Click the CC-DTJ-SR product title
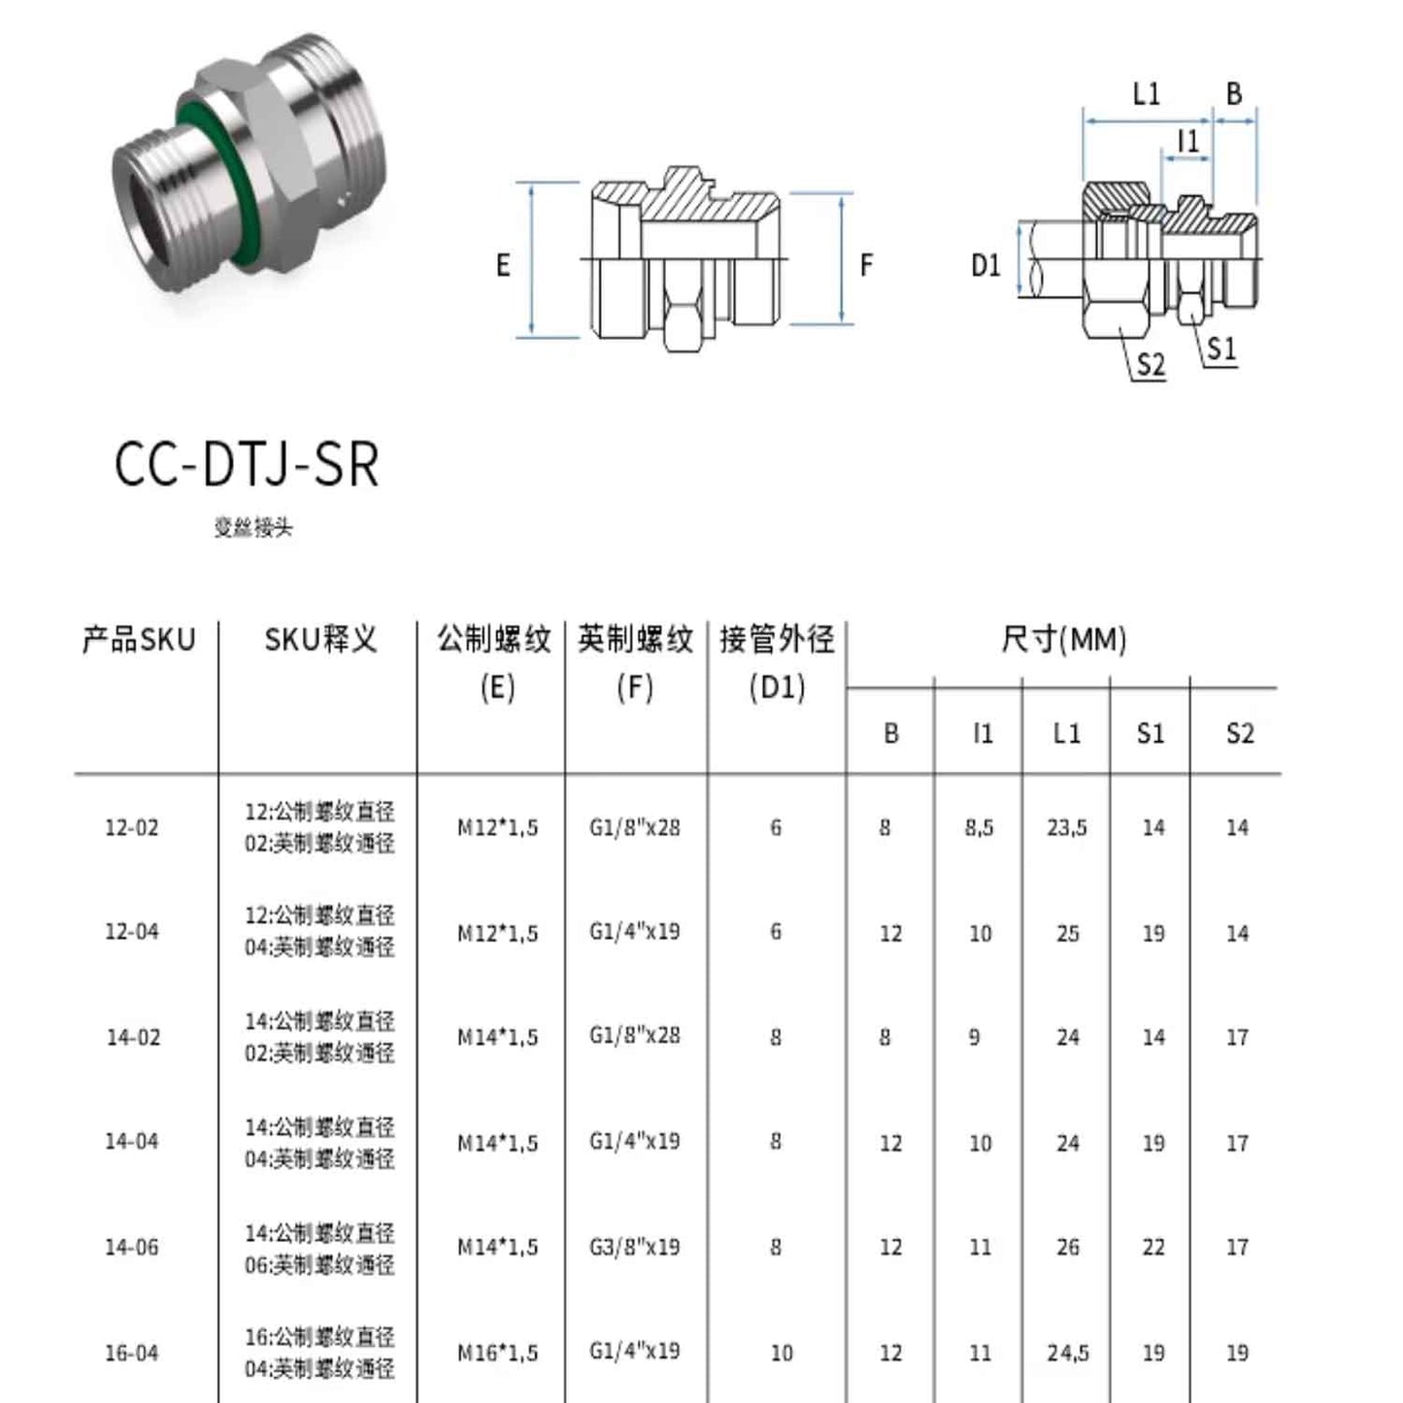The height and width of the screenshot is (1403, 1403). [x=247, y=464]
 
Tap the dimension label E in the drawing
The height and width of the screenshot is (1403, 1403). [x=503, y=265]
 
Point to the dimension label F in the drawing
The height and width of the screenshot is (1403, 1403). [x=866, y=265]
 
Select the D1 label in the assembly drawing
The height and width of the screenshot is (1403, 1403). [x=985, y=265]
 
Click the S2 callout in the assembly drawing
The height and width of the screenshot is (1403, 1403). [x=1150, y=365]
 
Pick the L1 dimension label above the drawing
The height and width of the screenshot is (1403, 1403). [x=1147, y=94]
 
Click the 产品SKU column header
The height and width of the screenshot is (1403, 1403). [x=139, y=640]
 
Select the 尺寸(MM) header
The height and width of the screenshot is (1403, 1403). [x=1063, y=640]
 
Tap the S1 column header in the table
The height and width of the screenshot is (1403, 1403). [x=1151, y=733]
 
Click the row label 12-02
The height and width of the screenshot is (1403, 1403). [x=131, y=828]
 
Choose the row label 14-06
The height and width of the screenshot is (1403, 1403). [x=131, y=1247]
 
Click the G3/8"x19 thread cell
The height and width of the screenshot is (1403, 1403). [x=634, y=1247]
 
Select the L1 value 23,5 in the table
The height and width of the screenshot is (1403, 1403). [x=1066, y=828]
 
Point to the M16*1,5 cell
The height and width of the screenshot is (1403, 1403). [x=497, y=1353]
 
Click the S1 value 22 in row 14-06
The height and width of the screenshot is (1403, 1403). [x=1152, y=1247]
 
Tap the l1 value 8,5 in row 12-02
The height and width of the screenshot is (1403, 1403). [x=979, y=828]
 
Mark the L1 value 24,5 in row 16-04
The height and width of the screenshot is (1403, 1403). [x=1067, y=1353]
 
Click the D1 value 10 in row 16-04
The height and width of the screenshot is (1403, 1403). [x=781, y=1353]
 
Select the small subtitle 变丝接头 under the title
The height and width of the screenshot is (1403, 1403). [x=252, y=528]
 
